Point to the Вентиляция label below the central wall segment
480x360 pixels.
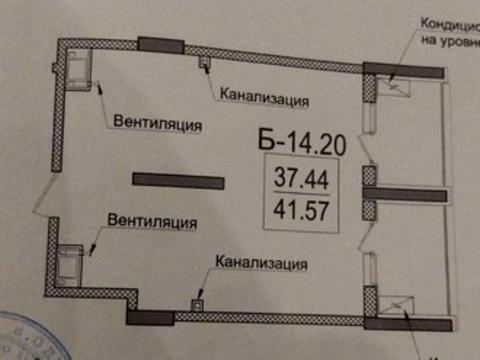[151, 221]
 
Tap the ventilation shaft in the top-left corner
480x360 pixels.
[77, 66]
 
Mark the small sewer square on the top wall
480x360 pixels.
[205, 64]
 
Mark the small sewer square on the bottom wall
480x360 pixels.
[198, 303]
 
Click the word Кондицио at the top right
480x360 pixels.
[449, 23]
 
